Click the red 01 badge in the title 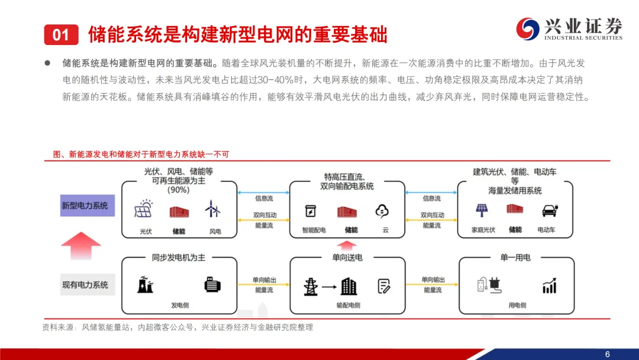(61, 35)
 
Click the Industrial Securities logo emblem (524, 28)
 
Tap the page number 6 (607, 353)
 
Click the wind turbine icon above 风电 (212, 210)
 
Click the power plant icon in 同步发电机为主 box (143, 285)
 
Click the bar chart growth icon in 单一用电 (549, 287)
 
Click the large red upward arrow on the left (81, 245)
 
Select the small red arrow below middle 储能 (351, 244)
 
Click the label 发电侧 (179, 306)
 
